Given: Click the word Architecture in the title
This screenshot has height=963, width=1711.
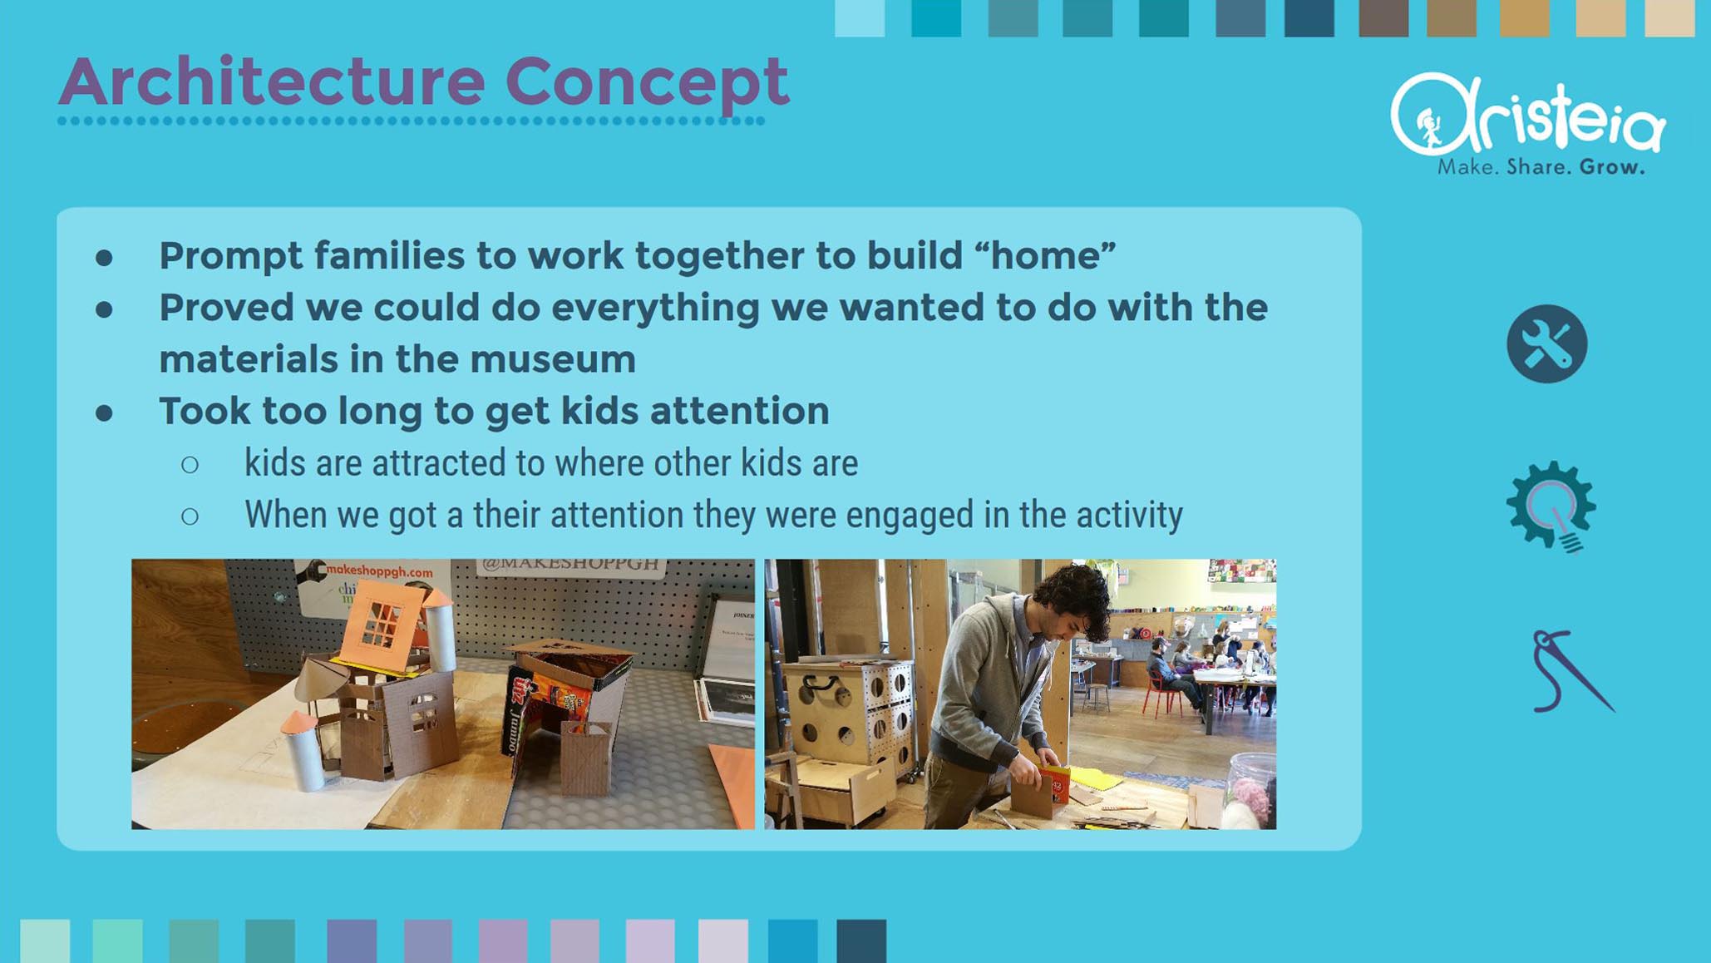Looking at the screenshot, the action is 272,81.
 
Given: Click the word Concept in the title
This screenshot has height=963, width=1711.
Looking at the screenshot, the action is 647,82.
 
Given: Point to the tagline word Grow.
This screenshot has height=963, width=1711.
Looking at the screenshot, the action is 1612,167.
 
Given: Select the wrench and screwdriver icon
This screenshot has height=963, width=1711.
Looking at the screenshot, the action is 1546,343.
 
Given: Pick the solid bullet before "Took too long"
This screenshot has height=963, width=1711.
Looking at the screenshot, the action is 104,413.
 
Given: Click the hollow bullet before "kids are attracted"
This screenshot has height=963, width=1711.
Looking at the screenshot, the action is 190,465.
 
